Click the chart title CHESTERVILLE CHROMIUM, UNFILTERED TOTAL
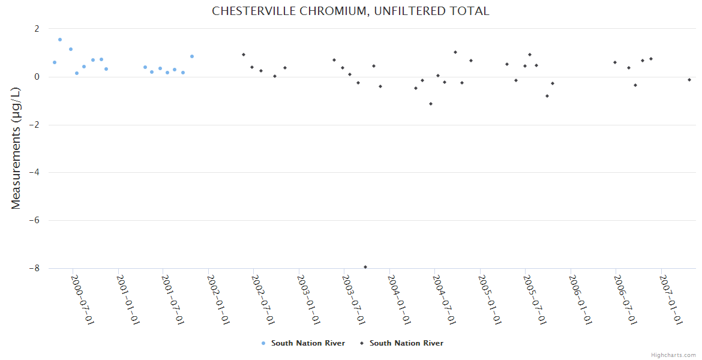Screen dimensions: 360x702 (350, 11)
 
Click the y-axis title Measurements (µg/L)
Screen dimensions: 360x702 (16, 148)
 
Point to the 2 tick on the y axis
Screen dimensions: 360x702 (37, 29)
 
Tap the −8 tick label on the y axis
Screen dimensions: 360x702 (34, 268)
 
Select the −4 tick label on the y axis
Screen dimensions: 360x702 (34, 173)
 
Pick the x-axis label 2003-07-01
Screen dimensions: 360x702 (352, 299)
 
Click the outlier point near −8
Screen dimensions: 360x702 (365, 267)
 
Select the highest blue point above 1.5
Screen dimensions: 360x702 (60, 40)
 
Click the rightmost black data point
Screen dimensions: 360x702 (689, 80)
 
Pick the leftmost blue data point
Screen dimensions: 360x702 (55, 62)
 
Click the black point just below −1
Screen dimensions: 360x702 (431, 104)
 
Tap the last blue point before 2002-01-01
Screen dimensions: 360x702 (192, 56)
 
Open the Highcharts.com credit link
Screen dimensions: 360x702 (673, 355)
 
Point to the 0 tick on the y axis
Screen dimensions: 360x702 (37, 77)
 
